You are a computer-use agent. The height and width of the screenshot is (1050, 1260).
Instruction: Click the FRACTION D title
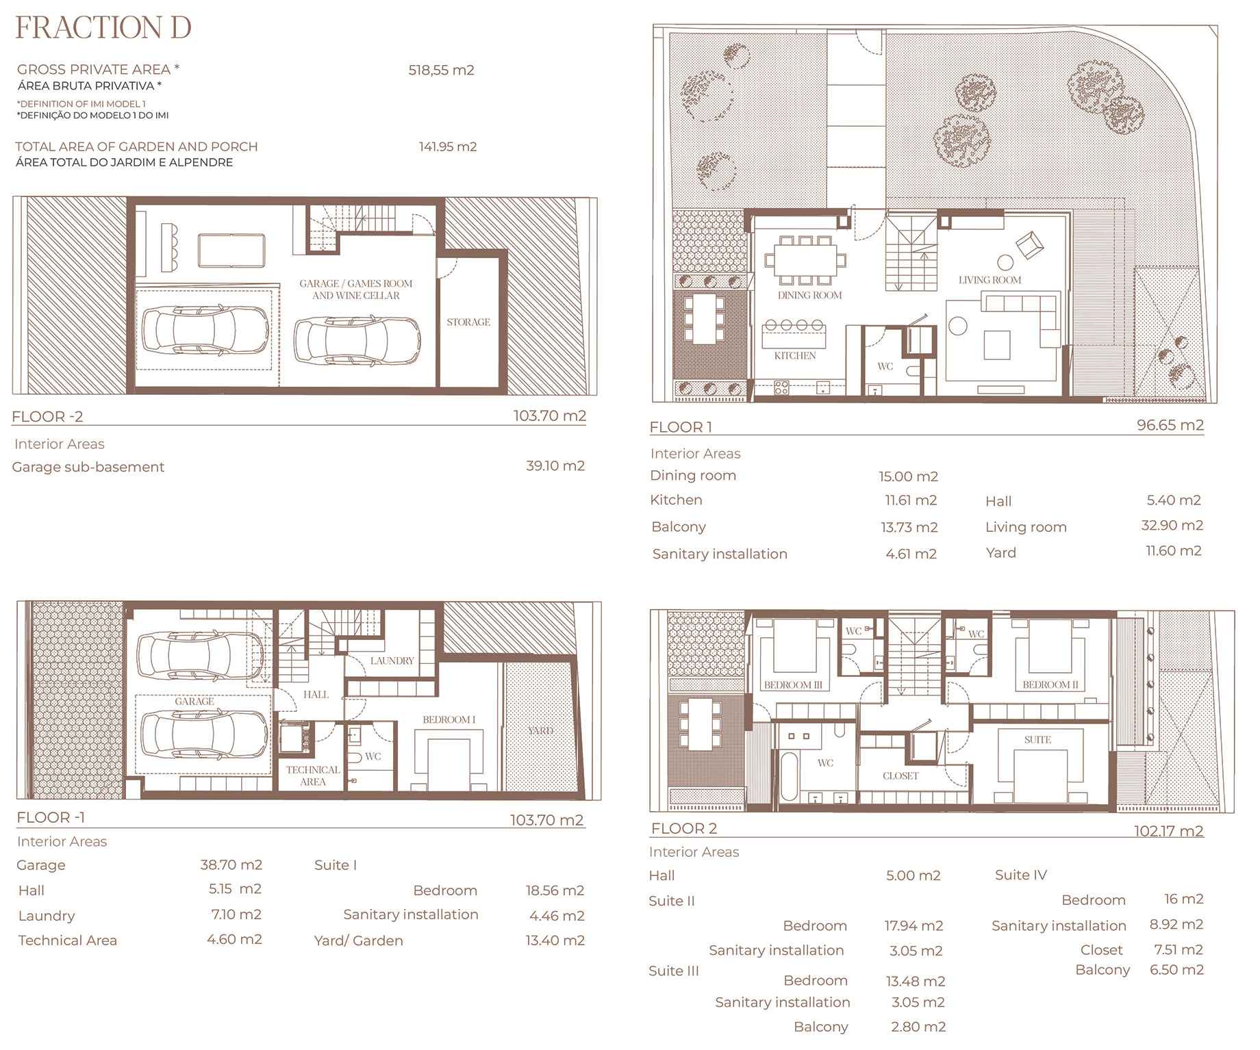point(103,27)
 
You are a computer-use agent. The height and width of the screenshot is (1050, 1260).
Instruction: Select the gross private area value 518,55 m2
point(441,70)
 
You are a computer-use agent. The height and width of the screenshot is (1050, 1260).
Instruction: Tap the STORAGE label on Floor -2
point(468,322)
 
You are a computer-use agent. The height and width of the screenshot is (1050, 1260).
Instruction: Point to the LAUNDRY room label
point(392,661)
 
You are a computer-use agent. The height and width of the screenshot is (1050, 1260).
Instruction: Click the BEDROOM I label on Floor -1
point(449,719)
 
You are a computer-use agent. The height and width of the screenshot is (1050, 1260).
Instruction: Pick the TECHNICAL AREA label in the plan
point(313,776)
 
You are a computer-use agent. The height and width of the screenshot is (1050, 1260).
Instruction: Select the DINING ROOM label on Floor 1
point(809,295)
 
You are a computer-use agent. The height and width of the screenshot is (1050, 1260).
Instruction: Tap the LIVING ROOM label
point(990,280)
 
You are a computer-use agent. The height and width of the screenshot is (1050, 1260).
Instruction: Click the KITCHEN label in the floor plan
point(795,355)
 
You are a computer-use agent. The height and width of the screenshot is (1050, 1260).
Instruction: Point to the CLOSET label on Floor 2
point(900,776)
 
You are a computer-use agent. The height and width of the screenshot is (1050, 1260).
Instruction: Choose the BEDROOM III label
point(793,684)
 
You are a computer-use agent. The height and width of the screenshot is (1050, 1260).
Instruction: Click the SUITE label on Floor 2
point(1037,739)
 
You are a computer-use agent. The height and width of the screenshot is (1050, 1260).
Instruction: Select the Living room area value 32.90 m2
point(1172,526)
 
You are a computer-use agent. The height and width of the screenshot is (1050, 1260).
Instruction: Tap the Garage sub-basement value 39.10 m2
point(555,465)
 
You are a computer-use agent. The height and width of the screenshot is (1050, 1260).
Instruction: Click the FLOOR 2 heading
point(684,828)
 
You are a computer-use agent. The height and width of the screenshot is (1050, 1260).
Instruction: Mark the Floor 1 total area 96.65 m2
point(1170,425)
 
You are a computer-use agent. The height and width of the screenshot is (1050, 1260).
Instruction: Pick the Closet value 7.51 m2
point(1179,949)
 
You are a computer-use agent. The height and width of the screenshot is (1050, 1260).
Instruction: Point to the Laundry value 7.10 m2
point(236,914)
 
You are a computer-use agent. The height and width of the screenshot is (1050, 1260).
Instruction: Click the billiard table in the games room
point(231,251)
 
